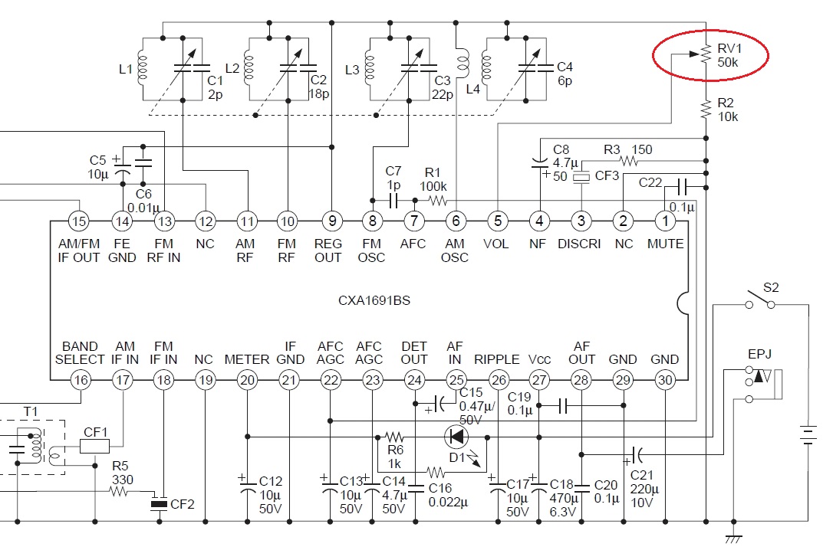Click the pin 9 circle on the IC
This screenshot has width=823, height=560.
331,221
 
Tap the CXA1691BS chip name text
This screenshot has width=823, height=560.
374,300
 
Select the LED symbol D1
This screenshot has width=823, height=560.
456,436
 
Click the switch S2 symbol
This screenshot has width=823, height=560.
760,300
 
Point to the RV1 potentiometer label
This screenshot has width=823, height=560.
729,49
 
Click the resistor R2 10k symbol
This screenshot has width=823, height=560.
706,110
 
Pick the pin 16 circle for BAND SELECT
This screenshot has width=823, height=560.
81,380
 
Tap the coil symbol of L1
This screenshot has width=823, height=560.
142,67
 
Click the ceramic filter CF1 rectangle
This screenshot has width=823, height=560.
94,446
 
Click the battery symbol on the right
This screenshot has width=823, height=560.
807,435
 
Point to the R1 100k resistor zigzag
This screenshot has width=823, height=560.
438,200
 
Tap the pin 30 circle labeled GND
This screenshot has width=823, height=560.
664,380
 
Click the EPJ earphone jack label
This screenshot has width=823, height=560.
759,355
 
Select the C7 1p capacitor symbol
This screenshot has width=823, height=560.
393,200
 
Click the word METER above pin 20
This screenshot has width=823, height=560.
247,360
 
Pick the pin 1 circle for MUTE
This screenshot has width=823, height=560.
665,221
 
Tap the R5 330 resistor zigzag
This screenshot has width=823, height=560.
119,492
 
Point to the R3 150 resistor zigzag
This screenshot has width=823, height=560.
629,160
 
